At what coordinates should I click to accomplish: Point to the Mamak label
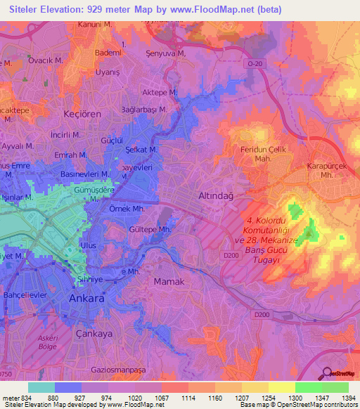point(169,281)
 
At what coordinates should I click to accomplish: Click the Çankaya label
point(94,334)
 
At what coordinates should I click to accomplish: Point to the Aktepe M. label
point(163,93)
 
